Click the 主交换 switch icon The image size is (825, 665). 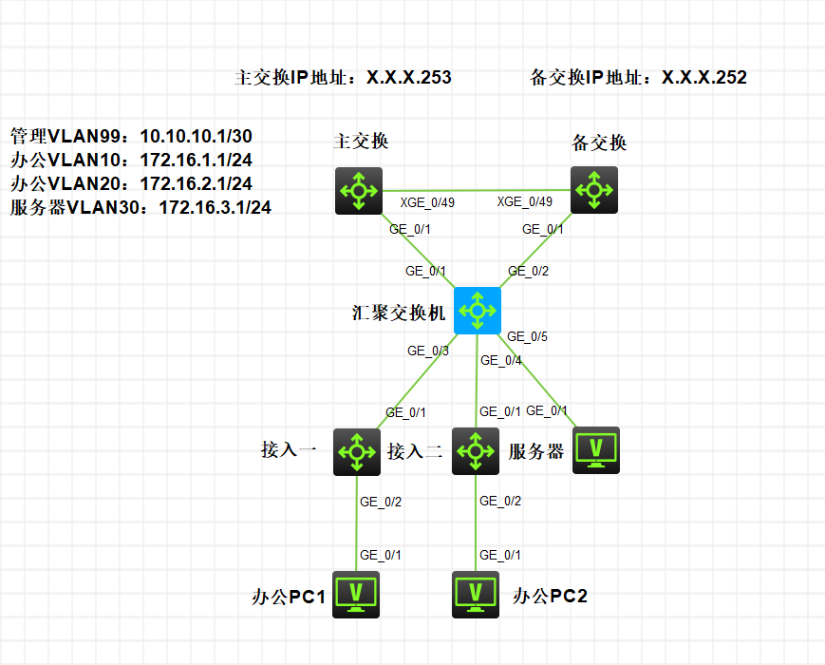point(359,191)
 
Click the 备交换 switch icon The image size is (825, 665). point(594,190)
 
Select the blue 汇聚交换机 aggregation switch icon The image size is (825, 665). point(478,311)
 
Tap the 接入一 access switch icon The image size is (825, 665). point(357,452)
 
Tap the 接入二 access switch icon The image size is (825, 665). point(476,451)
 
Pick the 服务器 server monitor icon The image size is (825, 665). point(596,450)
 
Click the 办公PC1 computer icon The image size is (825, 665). point(356,595)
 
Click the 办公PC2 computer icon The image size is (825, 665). point(476,595)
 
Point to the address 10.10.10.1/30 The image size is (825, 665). point(197,137)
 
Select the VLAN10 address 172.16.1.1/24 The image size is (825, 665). point(197,160)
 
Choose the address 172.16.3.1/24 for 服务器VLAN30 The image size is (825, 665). point(216,207)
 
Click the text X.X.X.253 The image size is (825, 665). point(409,77)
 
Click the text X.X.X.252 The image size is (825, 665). point(704,77)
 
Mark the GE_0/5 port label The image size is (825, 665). point(527,336)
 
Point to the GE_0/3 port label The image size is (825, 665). point(428,351)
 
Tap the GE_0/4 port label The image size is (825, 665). point(501,360)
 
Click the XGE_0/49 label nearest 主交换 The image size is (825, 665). point(427,202)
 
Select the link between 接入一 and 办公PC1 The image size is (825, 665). point(356,523)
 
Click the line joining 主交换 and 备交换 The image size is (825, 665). point(477,191)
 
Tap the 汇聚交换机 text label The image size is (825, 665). point(399,313)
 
